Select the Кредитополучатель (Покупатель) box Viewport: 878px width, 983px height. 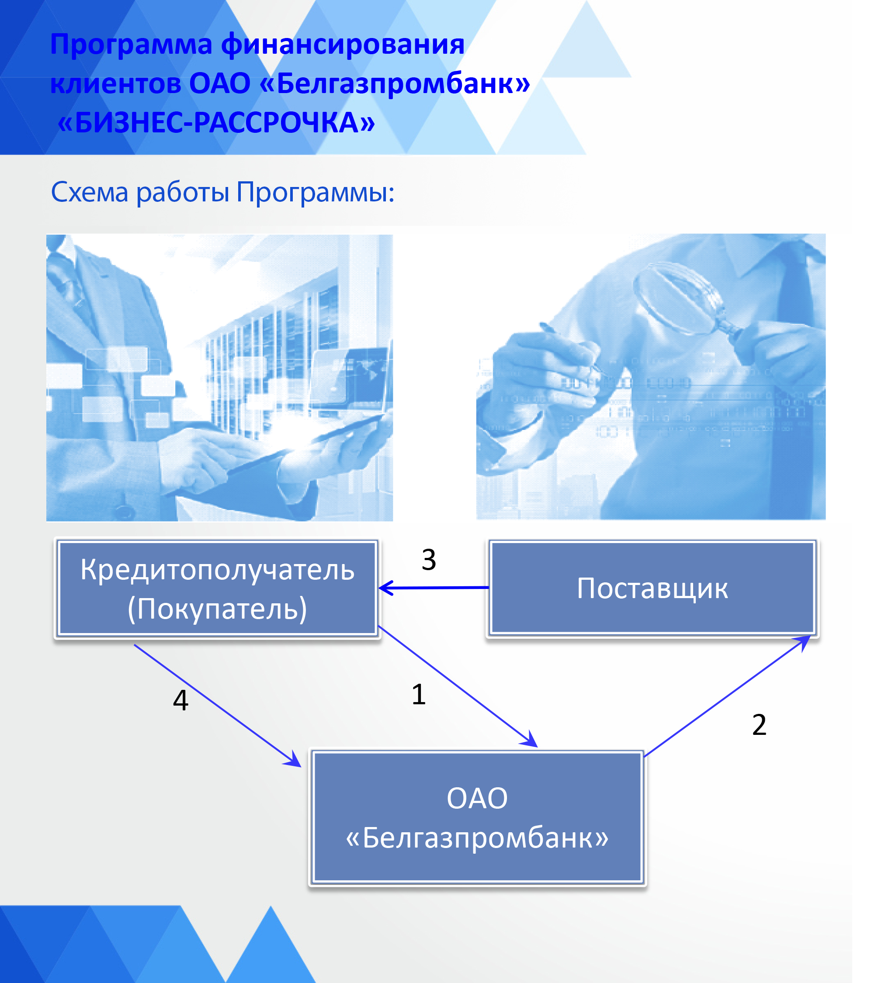[x=217, y=588]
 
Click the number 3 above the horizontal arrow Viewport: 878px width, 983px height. [x=429, y=560]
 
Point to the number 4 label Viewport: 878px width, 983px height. [x=180, y=700]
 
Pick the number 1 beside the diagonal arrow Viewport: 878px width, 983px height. [x=419, y=695]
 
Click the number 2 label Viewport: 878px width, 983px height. [x=759, y=724]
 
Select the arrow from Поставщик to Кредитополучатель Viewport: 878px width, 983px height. [x=434, y=588]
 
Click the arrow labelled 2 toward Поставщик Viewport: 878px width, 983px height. [x=727, y=696]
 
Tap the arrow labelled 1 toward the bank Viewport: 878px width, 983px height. [x=458, y=686]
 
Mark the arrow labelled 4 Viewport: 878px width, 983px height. [x=218, y=705]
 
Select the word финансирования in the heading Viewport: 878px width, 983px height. [x=343, y=45]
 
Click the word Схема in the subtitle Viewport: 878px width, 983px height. [x=90, y=192]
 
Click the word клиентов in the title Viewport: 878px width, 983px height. [x=116, y=83]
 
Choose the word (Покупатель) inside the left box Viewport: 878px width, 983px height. [x=217, y=609]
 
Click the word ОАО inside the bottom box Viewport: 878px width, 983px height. [x=477, y=798]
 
